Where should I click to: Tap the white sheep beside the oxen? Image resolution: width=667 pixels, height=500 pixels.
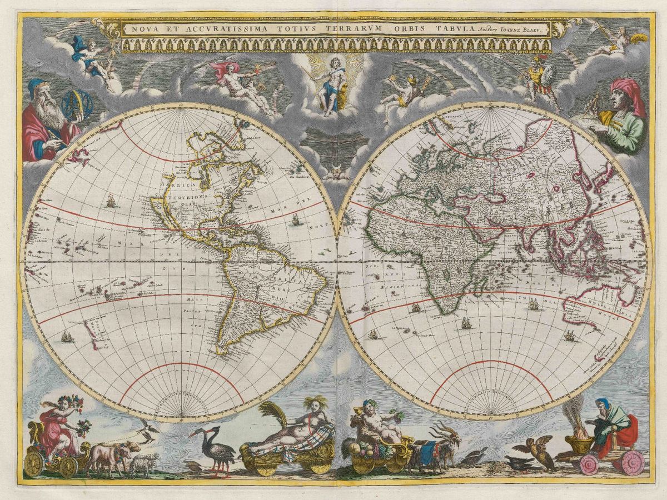(x=143, y=463)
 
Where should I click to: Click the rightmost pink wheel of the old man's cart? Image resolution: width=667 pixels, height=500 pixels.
(x=633, y=462)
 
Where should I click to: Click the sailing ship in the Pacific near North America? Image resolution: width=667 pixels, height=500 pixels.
(x=112, y=201)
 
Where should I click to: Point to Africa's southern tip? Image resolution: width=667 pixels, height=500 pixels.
(x=445, y=311)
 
